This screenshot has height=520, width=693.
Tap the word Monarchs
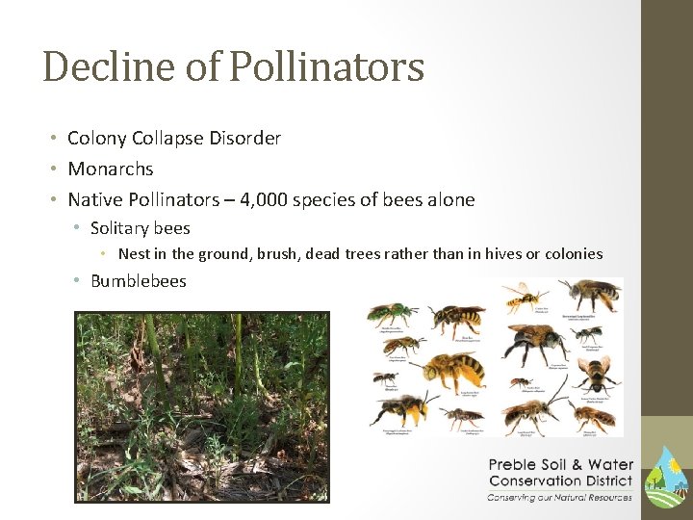(x=110, y=169)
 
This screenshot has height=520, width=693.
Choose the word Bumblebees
(x=138, y=281)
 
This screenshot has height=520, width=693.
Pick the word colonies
(x=572, y=254)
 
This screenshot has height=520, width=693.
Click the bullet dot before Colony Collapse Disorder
(x=56, y=139)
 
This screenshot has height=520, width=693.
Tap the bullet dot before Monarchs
(x=56, y=169)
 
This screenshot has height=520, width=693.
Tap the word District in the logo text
(x=608, y=481)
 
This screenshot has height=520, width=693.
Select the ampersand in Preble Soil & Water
(x=578, y=465)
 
